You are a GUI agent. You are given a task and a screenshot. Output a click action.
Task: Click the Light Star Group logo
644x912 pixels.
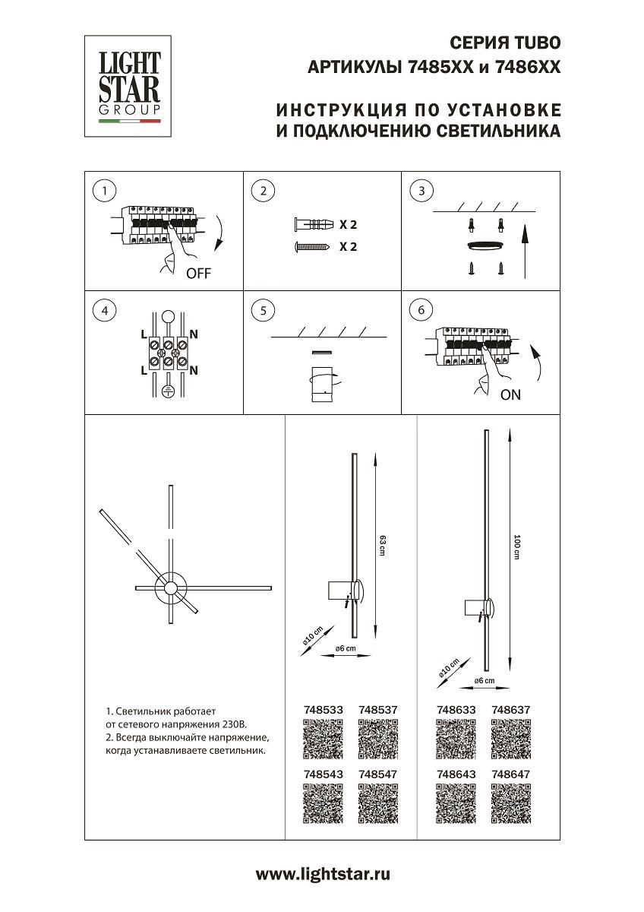(x=128, y=86)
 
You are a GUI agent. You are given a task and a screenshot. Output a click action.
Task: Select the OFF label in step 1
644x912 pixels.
(x=198, y=274)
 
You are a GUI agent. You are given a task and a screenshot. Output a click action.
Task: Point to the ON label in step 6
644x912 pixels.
(x=511, y=395)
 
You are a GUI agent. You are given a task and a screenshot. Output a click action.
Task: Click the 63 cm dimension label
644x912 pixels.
(x=383, y=544)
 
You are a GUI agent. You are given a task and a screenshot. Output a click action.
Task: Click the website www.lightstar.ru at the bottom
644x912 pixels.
(x=322, y=875)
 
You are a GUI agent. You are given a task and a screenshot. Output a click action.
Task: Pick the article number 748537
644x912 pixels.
(x=377, y=710)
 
